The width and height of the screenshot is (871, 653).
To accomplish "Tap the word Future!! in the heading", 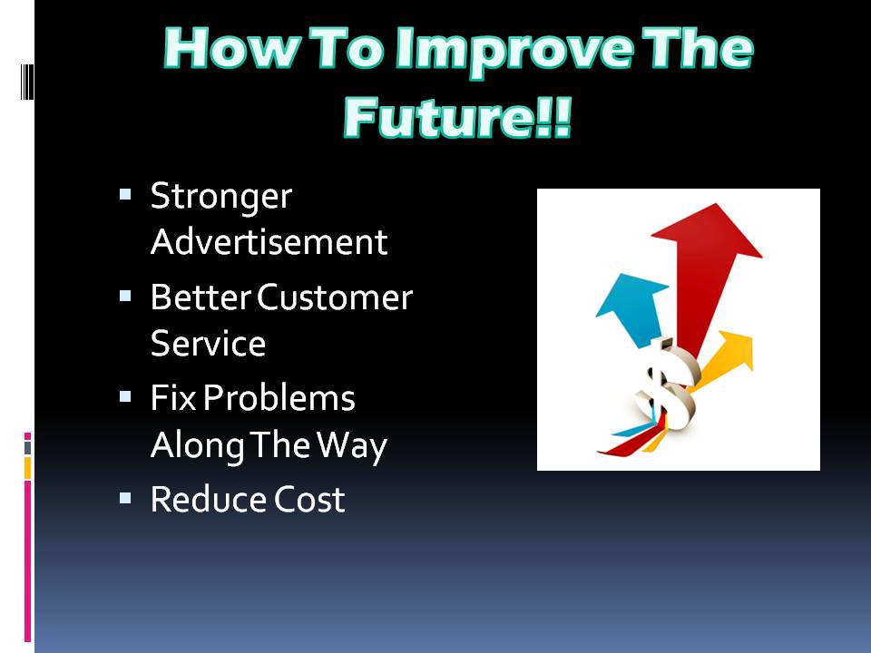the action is click(x=457, y=118).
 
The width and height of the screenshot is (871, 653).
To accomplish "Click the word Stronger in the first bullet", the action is click(x=221, y=198).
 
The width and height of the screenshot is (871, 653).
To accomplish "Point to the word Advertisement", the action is click(x=269, y=242).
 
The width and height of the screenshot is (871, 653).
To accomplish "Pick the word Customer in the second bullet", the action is click(x=335, y=297).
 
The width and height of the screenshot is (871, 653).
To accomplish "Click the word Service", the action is click(x=209, y=343).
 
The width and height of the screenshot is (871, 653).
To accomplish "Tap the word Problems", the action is click(x=279, y=398).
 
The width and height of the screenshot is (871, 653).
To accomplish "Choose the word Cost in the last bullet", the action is click(x=309, y=499).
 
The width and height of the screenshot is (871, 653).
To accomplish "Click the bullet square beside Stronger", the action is click(x=125, y=194).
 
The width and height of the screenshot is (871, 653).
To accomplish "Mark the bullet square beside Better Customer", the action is click(x=125, y=296).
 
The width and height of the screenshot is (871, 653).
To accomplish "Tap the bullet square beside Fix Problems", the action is click(x=125, y=396).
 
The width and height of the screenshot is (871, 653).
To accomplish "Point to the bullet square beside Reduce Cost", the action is click(x=125, y=498).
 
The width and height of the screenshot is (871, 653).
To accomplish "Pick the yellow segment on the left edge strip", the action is click(x=27, y=468).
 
